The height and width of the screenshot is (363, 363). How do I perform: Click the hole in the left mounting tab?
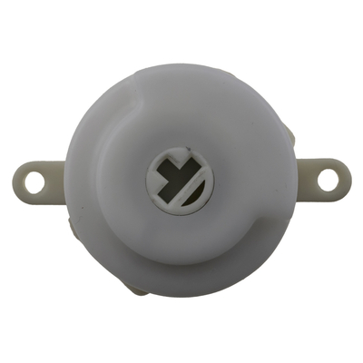(34, 181)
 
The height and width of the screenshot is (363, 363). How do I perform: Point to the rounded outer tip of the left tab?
(18, 181)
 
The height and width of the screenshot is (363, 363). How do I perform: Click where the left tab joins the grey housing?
(64, 181)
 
